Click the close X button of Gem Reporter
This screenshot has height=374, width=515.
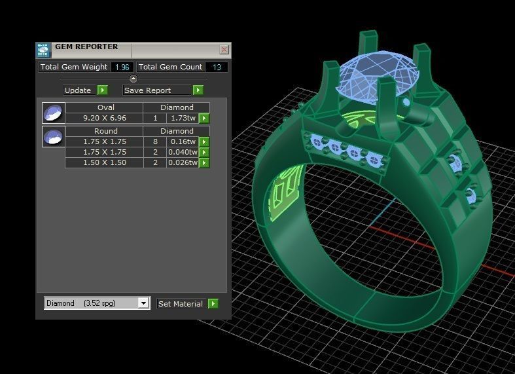pyautogui.click(x=224, y=49)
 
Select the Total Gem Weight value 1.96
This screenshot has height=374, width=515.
pyautogui.click(x=121, y=67)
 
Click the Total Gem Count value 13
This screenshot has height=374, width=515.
pyautogui.click(x=216, y=67)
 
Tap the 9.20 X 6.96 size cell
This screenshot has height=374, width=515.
pyautogui.click(x=105, y=119)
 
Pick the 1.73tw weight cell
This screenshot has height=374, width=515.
pyautogui.click(x=183, y=119)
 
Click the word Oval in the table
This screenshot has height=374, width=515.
pyautogui.click(x=105, y=107)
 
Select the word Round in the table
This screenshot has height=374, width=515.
pyautogui.click(x=105, y=131)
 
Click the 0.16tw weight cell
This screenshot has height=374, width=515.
pyautogui.click(x=183, y=141)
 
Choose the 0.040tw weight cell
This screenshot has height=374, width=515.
pyautogui.click(x=183, y=152)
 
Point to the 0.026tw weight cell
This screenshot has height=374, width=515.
pyautogui.click(x=183, y=162)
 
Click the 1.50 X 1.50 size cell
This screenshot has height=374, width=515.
pyautogui.click(x=105, y=162)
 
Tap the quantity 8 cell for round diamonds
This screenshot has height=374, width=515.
pyautogui.click(x=155, y=141)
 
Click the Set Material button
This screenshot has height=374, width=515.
pyautogui.click(x=181, y=304)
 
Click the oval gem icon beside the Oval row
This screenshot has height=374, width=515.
pyautogui.click(x=53, y=113)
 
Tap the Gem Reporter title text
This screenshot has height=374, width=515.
pyautogui.click(x=86, y=47)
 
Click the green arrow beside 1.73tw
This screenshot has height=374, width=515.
pyautogui.click(x=204, y=119)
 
